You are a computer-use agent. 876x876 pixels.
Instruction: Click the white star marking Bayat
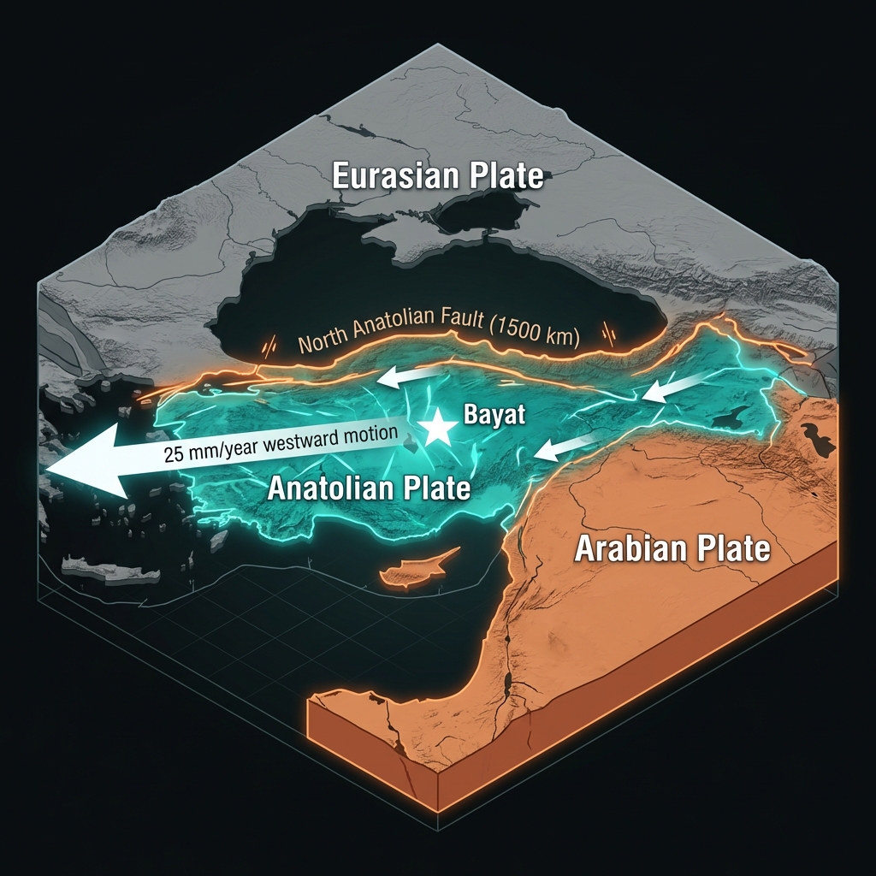(439, 427)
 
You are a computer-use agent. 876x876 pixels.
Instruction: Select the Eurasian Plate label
(437, 176)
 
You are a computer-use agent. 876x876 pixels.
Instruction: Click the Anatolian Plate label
(369, 488)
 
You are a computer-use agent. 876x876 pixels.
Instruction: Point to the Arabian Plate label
(672, 548)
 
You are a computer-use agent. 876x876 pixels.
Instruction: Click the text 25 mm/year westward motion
(281, 443)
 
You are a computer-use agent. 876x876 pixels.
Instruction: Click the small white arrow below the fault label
(411, 376)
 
